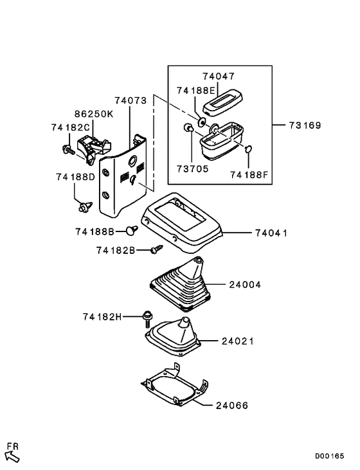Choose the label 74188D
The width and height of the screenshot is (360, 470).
pyautogui.click(x=75, y=176)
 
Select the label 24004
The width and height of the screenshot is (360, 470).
pyautogui.click(x=243, y=284)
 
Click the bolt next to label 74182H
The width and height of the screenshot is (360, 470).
pyautogui.click(x=148, y=316)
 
